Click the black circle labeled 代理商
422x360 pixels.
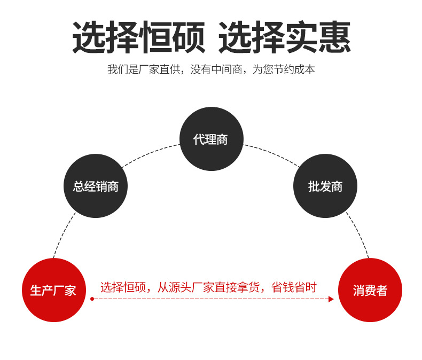coord(211,139)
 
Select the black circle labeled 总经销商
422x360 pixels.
coord(96,186)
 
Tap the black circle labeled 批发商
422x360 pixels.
coord(325,186)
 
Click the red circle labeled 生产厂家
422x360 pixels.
coord(53,290)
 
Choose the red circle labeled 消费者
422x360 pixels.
coord(370,290)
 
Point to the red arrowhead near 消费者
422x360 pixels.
coord(331,299)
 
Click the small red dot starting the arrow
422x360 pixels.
coord(92,299)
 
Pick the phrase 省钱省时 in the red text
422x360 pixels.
coord(294,287)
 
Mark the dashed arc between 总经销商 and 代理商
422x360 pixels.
coord(150,153)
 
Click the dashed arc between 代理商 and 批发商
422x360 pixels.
coord(272,153)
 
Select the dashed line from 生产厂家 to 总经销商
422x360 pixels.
coord(64,235)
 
